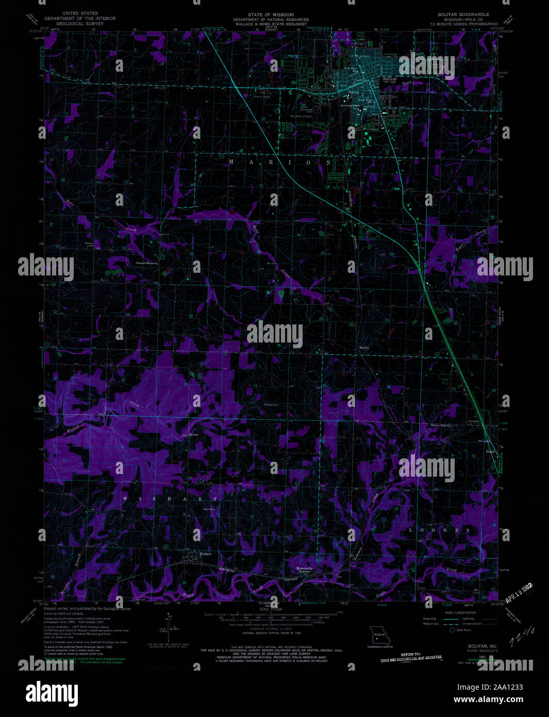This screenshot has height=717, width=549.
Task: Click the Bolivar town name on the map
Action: [389, 79]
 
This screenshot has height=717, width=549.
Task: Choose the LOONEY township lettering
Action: [440, 530]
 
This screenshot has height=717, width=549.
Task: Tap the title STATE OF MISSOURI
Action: [270, 15]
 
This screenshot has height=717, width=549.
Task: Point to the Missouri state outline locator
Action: [379, 633]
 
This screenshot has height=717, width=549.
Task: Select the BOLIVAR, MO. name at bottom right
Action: [468, 645]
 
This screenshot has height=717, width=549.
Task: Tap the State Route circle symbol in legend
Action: [453, 630]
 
